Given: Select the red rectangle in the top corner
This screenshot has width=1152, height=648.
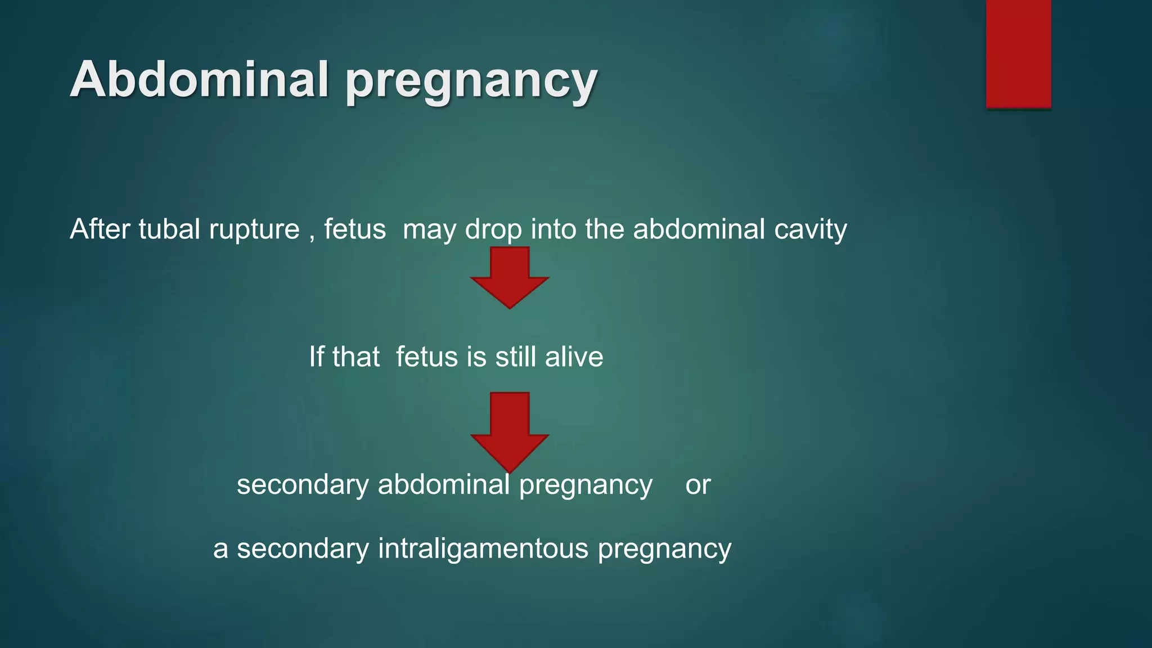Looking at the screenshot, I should [x=1018, y=53].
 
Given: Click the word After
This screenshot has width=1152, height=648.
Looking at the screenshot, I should [x=100, y=229].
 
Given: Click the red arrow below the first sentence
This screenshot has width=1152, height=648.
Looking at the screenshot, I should [x=510, y=277].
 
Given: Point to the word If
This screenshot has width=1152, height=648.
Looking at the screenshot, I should [x=317, y=357].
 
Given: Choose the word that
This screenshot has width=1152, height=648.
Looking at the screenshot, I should [x=356, y=357].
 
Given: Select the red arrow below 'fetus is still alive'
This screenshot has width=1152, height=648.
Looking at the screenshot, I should [x=510, y=430].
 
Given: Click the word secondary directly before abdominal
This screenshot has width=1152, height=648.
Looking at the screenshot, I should [x=303, y=485].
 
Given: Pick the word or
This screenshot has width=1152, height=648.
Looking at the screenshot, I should [x=697, y=485].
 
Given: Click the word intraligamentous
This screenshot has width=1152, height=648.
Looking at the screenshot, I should [x=483, y=549].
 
